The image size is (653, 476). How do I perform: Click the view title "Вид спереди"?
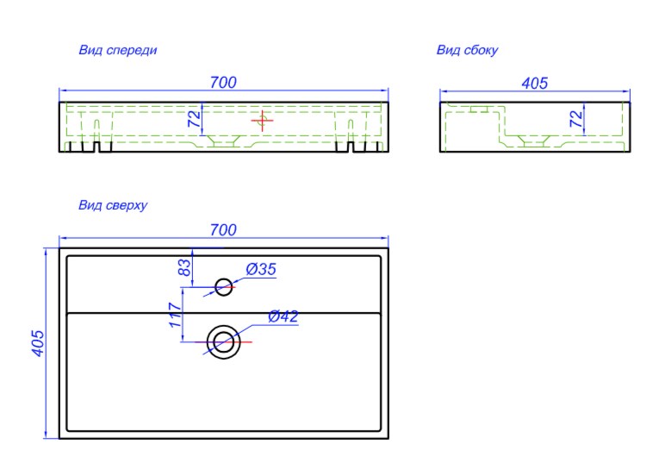118,50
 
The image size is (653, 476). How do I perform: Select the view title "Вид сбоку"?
467,50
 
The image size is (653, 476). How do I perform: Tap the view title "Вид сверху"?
113,205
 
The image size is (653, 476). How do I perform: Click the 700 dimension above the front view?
223,83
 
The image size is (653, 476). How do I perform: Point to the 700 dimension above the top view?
223,230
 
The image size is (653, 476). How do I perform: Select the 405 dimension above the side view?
535,84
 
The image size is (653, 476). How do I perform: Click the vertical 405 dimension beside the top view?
38,343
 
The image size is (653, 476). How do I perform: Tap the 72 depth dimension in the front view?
195,119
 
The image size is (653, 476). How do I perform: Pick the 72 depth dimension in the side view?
576,119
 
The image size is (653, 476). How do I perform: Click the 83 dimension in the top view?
184,267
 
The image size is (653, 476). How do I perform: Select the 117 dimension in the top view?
176,315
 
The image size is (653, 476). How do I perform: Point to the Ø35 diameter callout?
261,269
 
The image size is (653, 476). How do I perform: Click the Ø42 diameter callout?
283,316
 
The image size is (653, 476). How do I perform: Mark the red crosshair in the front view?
263,121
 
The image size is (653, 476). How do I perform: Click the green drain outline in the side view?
534,141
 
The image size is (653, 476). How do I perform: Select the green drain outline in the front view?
224,141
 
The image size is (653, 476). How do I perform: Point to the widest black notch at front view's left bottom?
97,147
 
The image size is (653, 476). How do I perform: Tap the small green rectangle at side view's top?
479,110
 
